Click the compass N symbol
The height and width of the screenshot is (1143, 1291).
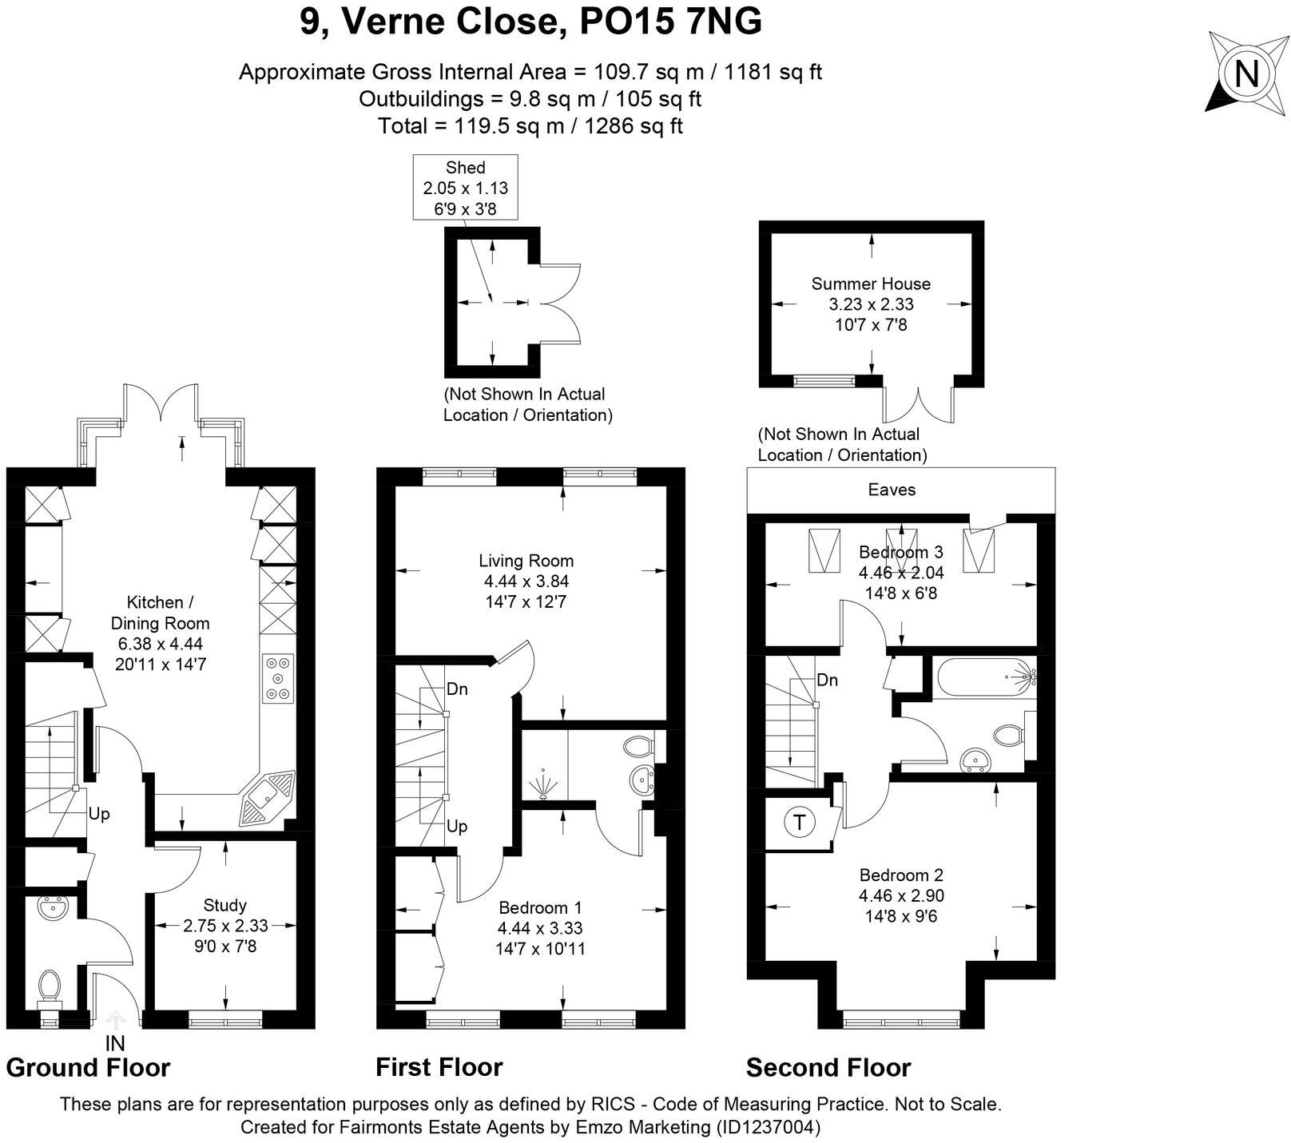1245,74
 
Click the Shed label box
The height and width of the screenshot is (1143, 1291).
465,188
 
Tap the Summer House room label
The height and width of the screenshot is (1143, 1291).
871,284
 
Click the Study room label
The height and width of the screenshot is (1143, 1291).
225,905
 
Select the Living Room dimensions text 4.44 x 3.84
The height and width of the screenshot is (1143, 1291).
526,581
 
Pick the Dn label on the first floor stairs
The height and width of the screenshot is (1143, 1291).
457,689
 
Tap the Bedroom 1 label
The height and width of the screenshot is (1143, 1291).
540,907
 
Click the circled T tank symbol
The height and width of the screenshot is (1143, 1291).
799,822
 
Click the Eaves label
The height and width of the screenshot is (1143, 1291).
892,490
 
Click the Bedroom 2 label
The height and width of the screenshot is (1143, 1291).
901,875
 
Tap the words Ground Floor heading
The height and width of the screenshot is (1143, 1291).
88,1067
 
